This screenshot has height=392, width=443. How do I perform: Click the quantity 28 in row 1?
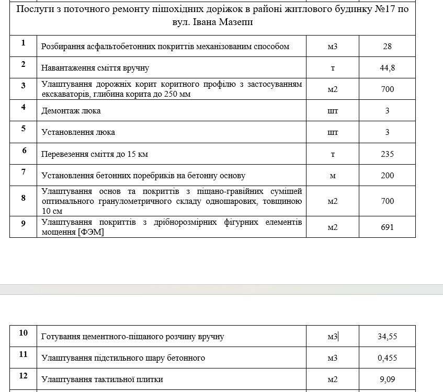(x=387, y=47)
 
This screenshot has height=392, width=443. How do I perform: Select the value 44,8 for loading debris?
(x=387, y=68)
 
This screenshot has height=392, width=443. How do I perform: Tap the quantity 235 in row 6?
(x=387, y=154)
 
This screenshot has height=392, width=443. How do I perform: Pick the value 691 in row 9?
(x=387, y=227)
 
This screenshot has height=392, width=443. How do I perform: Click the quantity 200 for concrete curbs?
(x=387, y=176)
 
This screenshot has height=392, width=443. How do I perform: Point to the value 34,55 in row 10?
(x=387, y=337)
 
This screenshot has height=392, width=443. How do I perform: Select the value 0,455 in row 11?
(x=387, y=358)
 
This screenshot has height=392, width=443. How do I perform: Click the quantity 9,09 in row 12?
(x=387, y=380)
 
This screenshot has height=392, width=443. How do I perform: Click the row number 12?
(x=24, y=376)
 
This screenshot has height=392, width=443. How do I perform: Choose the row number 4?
(x=24, y=107)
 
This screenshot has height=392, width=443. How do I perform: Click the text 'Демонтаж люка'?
(x=71, y=111)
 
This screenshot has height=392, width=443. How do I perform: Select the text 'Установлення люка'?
(x=78, y=132)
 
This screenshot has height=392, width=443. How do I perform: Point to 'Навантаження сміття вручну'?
(x=95, y=68)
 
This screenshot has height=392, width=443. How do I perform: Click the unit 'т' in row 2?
(x=333, y=68)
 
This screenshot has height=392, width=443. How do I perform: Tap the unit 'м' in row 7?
(x=333, y=176)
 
